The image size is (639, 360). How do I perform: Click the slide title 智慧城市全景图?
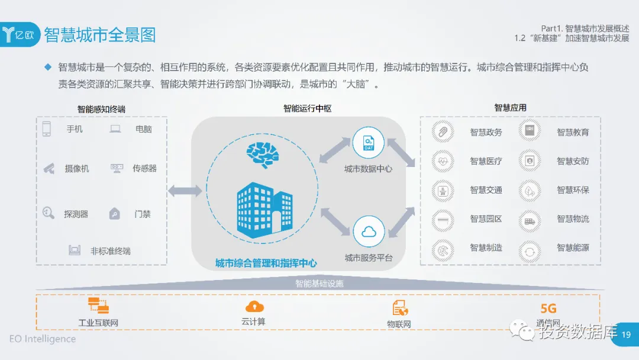coord(99,34)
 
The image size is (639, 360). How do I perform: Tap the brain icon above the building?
coord(263,155)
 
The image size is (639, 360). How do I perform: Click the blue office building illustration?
coord(263,207)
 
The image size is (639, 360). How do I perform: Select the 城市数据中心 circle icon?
coord(369,143)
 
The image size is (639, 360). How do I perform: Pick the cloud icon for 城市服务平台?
coord(369,232)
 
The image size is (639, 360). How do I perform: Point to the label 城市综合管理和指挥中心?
coord(266,263)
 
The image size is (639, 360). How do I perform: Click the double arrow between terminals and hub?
coord(185,191)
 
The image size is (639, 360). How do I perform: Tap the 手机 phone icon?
coord(47,129)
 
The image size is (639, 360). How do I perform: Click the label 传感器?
coord(144,169)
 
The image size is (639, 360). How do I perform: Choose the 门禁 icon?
coord(115,214)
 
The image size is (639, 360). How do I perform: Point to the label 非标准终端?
coord(110,250)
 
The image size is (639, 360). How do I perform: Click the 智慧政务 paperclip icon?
coord(441,131)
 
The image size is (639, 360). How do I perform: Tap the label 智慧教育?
coord(573,132)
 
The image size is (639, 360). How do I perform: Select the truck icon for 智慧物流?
coord(529,220)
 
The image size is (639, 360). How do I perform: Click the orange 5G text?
coord(548,308)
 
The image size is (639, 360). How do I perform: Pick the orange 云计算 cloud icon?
coord(254,307)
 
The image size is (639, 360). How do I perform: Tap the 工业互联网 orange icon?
coord(98,306)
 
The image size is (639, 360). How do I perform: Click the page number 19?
coord(627,335)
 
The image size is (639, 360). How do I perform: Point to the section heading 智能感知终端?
coord(101,109)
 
